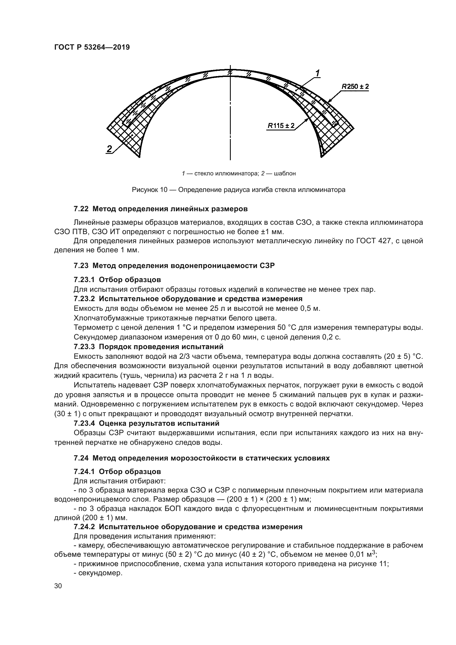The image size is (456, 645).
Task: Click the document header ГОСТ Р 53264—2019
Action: pos(92,47)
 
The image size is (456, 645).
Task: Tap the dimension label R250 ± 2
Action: pos(355,87)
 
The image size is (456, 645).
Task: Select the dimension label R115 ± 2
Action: pos(281,125)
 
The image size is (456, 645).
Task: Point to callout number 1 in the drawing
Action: pos(318,74)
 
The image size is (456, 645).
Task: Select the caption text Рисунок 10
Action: pos(149,190)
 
